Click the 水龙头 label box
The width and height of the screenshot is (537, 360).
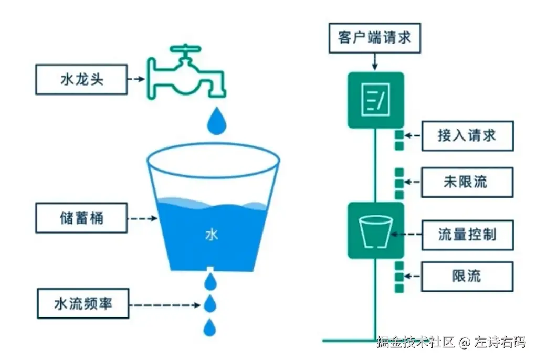[x=81, y=80]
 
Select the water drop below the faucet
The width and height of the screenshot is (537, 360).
[x=217, y=121]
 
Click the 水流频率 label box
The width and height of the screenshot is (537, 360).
[x=83, y=303]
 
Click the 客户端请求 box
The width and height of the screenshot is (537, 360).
[x=375, y=38]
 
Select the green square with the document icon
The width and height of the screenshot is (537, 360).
[x=376, y=100]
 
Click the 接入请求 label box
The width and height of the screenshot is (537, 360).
[x=467, y=135]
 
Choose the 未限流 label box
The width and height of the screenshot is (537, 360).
[x=467, y=182]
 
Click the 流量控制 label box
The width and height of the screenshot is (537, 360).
[x=467, y=234]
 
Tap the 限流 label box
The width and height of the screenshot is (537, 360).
[x=467, y=276]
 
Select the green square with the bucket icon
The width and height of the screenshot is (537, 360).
[x=376, y=230]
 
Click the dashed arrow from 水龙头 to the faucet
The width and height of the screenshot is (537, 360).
[x=137, y=80]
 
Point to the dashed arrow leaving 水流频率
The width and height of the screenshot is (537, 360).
[x=165, y=304]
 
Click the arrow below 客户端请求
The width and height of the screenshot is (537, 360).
[x=375, y=62]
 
